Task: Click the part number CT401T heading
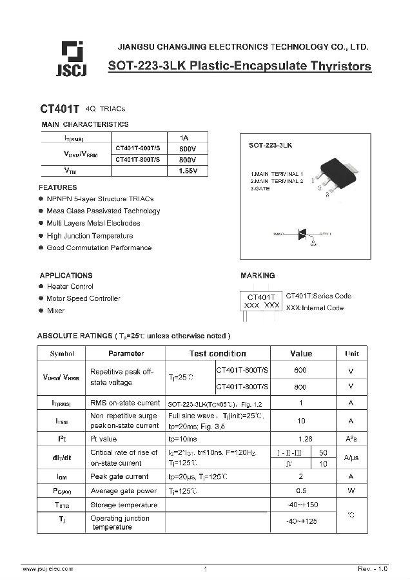tap(59, 110)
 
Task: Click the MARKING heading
tap(257, 275)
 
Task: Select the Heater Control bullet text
tap(70, 287)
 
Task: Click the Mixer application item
tap(55, 311)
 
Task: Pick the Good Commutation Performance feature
tap(99, 247)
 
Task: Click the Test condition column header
tap(217, 354)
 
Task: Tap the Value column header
tap(301, 354)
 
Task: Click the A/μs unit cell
tap(351, 458)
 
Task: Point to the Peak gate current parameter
tap(119, 477)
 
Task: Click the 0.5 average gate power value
tap(300, 490)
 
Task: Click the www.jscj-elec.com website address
tap(48, 568)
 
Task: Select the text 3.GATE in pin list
tap(260, 188)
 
